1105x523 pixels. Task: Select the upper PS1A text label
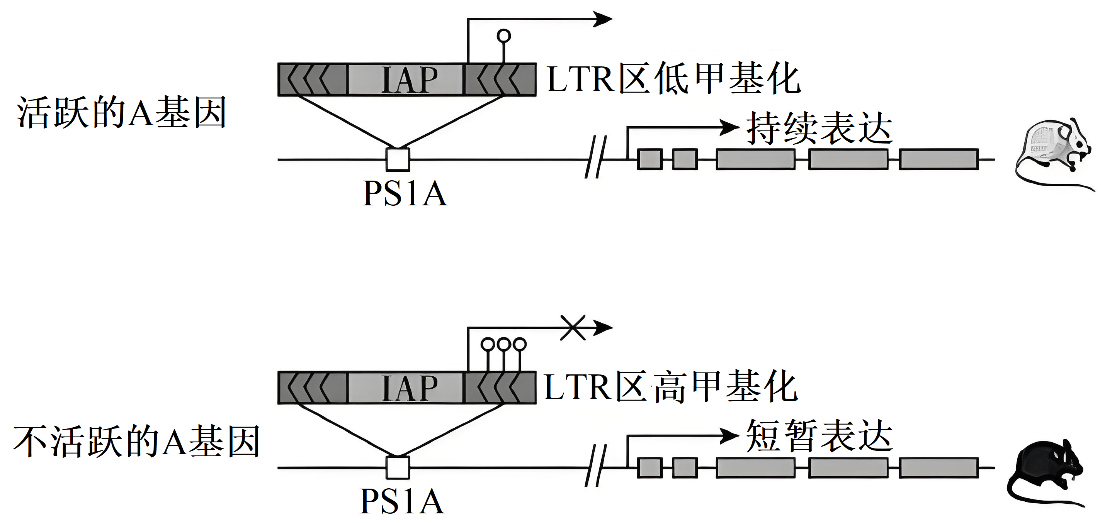[405, 194]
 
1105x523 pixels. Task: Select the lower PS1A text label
[402, 501]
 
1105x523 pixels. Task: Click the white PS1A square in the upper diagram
[398, 159]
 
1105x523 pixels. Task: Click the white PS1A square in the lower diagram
[398, 468]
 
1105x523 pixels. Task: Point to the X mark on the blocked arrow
[573, 328]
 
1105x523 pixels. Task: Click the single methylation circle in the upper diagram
[503, 36]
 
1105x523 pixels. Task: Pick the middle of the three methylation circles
[503, 344]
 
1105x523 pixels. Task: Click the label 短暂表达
[819, 436]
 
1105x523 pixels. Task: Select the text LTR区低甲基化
[673, 79]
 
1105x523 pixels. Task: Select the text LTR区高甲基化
[671, 387]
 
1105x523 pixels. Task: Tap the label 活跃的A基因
[121, 113]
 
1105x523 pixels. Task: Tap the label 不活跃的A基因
[136, 442]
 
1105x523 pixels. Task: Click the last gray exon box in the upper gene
[938, 159]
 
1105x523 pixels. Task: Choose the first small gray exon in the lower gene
[650, 468]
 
